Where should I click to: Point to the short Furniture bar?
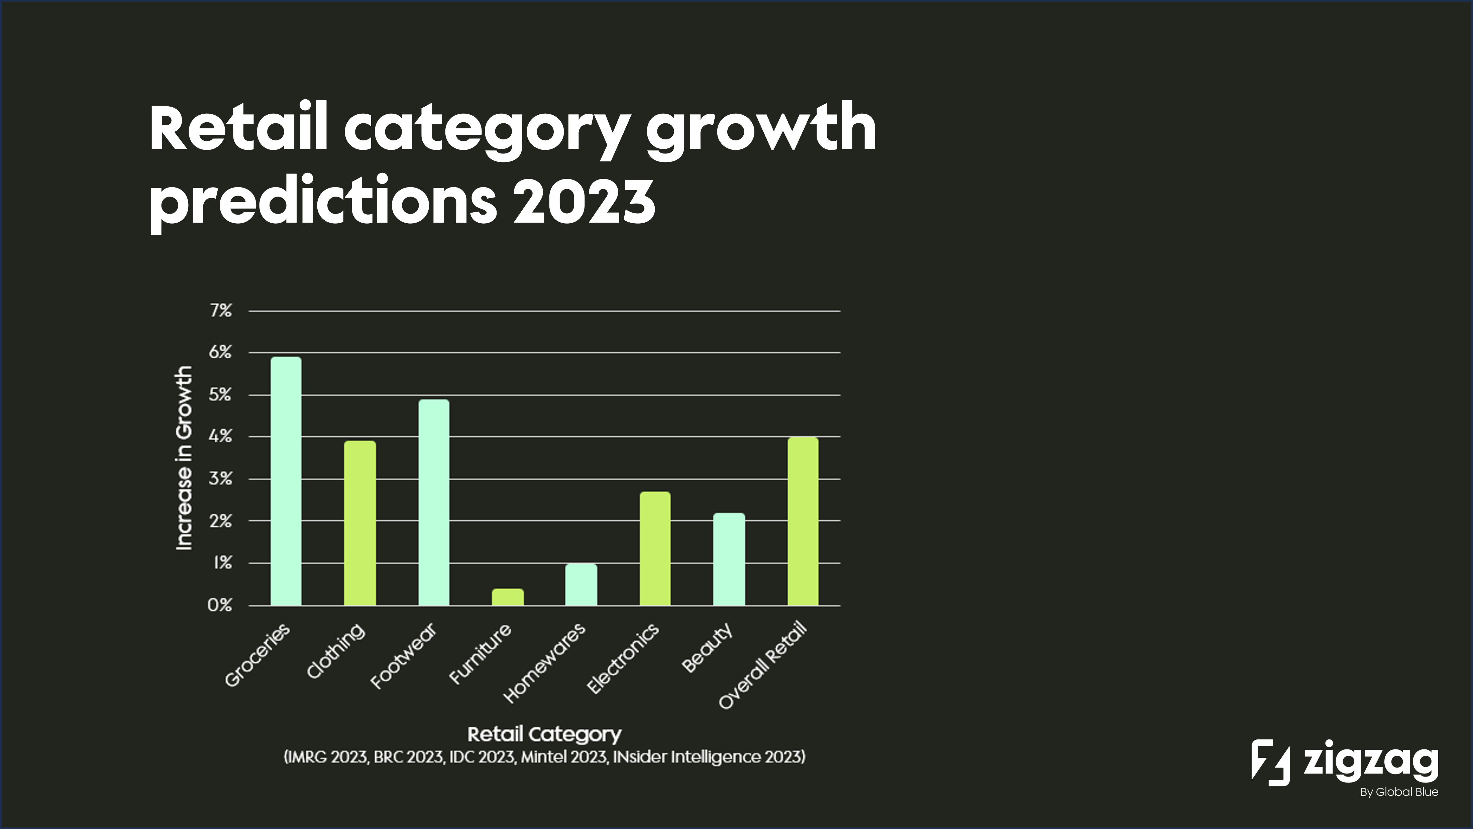(x=507, y=597)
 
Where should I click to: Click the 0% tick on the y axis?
(x=220, y=605)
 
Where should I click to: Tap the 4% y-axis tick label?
(x=220, y=437)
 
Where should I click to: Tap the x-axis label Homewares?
(x=544, y=663)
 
